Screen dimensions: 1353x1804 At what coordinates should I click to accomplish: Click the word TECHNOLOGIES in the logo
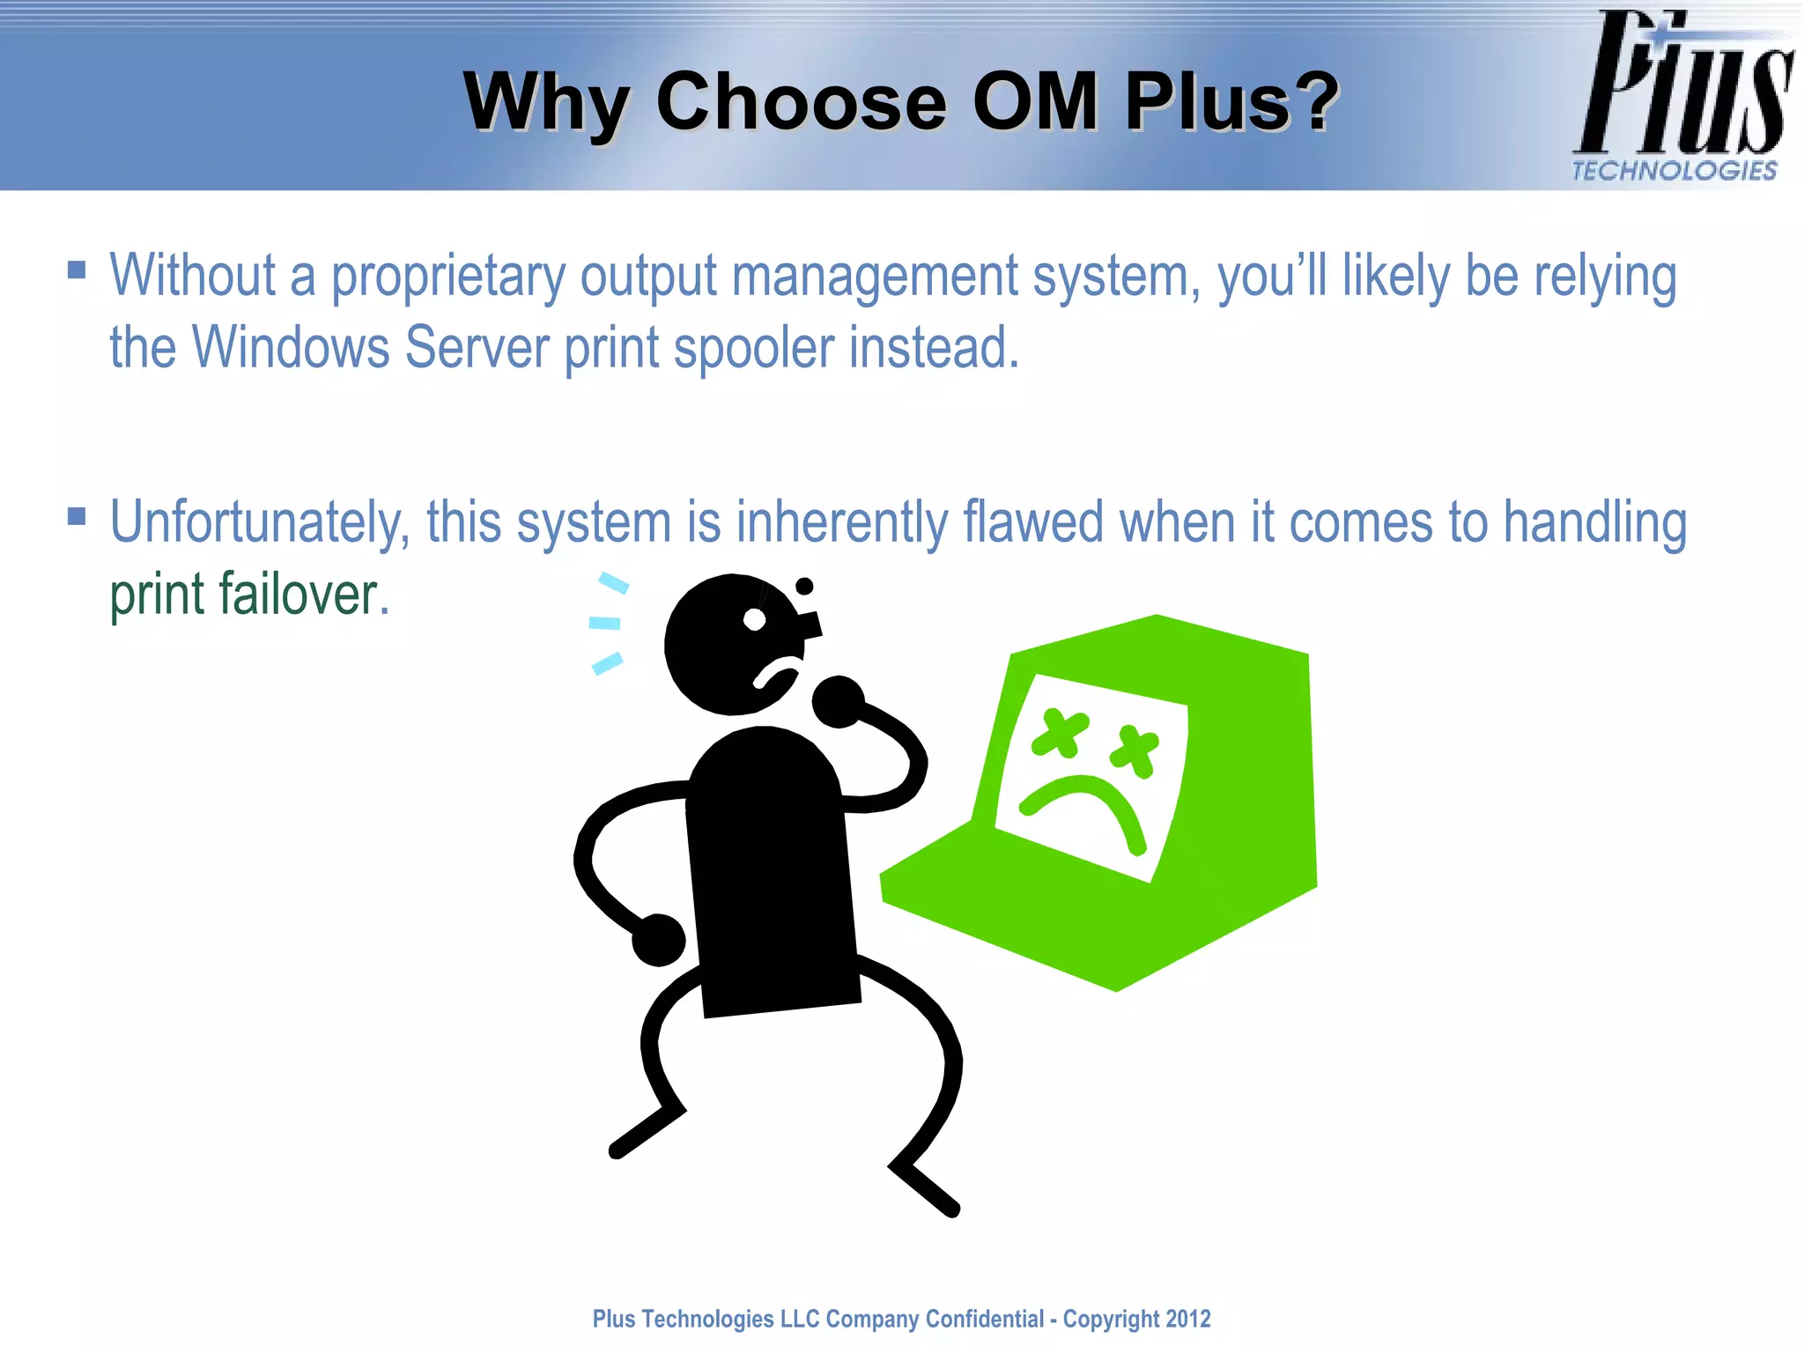click(1675, 170)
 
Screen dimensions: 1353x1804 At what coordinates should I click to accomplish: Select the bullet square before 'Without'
click(77, 269)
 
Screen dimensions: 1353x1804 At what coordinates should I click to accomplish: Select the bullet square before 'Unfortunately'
click(77, 515)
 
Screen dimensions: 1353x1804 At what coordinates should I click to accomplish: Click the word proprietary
click(447, 277)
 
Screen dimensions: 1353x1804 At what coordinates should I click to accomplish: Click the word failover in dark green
click(299, 594)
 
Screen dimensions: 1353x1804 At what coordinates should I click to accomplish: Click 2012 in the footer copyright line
click(1188, 1319)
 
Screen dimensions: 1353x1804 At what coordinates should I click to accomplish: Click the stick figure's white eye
click(754, 620)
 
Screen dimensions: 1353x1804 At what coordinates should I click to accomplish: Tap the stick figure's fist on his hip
click(658, 940)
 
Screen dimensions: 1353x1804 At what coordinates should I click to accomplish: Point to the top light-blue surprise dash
click(613, 582)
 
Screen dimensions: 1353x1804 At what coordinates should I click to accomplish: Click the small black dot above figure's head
click(804, 586)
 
